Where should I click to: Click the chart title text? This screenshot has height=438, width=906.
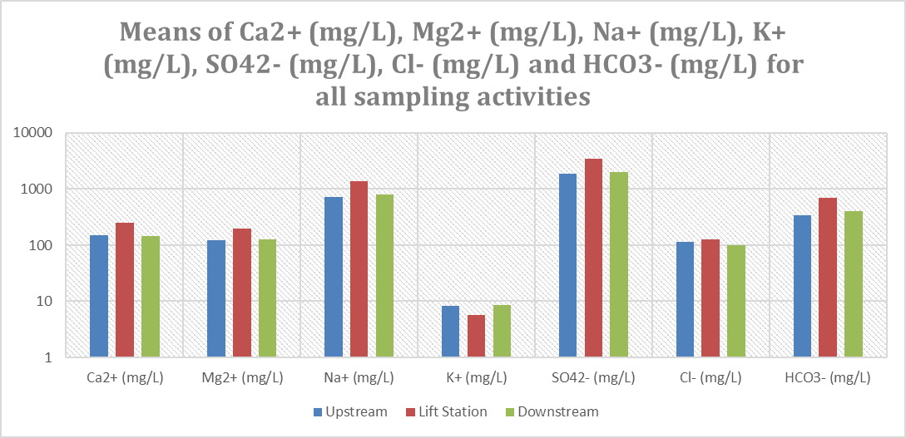pyautogui.click(x=453, y=65)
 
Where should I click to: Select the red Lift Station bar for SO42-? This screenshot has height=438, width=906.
pyautogui.click(x=593, y=258)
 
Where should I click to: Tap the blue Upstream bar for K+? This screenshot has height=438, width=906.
pyautogui.click(x=450, y=331)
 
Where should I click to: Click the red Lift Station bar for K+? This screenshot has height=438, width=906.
pyautogui.click(x=476, y=336)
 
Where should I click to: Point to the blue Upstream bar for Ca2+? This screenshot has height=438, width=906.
pyautogui.click(x=99, y=296)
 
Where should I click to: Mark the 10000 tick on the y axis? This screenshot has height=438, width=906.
pyautogui.click(x=35, y=133)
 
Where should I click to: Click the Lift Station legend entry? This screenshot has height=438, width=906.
pyautogui.click(x=448, y=411)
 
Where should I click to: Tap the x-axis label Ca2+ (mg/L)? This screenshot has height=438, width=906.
pyautogui.click(x=125, y=378)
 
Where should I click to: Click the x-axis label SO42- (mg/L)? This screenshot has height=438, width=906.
pyautogui.click(x=593, y=378)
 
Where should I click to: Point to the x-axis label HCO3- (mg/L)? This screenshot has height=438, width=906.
pyautogui.click(x=828, y=378)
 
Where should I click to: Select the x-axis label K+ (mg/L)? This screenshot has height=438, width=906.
pyautogui.click(x=476, y=378)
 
